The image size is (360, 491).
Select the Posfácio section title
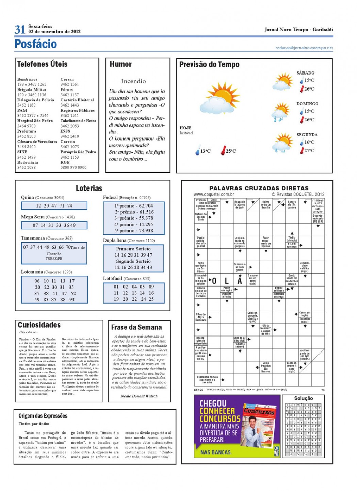tap(36, 44)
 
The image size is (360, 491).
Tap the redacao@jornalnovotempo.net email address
tap(304, 48)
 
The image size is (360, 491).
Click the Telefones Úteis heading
tap(42, 64)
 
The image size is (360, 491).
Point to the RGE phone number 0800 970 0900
tap(73, 167)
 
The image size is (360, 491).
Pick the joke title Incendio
tap(133, 81)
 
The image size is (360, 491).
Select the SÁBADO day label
tap(305, 73)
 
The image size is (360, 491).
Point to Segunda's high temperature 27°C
tap(309, 150)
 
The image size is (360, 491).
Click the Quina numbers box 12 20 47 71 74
tap(54, 206)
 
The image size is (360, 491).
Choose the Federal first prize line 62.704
tap(134, 206)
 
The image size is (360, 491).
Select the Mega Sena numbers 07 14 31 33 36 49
tap(54, 225)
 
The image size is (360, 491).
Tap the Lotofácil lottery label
tap(113, 278)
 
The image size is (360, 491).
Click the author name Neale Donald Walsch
tap(139, 396)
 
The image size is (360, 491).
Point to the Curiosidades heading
tap(39, 325)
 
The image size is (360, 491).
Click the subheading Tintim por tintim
tap(34, 424)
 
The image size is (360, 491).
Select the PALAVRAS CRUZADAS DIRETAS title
tap(259, 188)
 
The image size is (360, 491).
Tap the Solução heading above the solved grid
tap(303, 398)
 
